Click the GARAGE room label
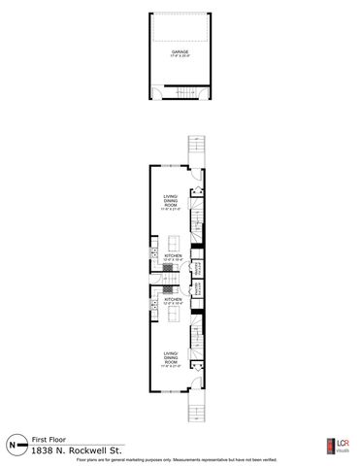click(180, 52)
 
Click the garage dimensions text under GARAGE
click(180, 57)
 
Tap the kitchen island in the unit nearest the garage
click(173, 243)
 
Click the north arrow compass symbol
click(14, 444)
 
